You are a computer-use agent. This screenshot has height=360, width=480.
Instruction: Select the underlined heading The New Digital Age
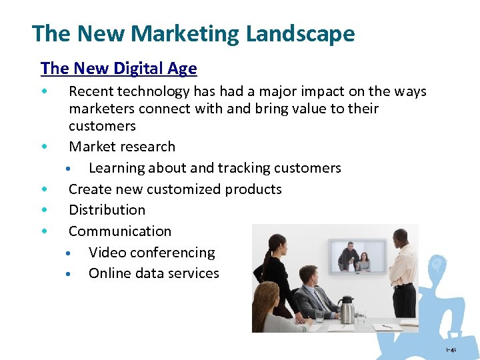[x=119, y=68]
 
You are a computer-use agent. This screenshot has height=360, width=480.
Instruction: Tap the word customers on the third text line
[x=102, y=126]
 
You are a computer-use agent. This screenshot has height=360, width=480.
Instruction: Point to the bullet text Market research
[x=122, y=147]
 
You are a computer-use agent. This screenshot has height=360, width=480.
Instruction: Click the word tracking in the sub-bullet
[x=253, y=168]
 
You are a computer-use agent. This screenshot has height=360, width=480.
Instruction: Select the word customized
[x=185, y=189]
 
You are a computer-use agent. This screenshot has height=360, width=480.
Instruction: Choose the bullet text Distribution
[x=107, y=210]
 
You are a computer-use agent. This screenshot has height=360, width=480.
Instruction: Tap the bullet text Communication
[x=120, y=231]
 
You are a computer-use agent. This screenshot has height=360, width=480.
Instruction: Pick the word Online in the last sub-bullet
[x=109, y=273]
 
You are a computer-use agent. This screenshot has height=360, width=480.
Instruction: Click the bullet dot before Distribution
[x=43, y=210]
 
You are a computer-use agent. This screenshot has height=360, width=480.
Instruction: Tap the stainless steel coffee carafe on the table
[x=347, y=309]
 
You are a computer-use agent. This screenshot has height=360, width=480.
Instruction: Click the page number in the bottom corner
[x=452, y=349]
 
